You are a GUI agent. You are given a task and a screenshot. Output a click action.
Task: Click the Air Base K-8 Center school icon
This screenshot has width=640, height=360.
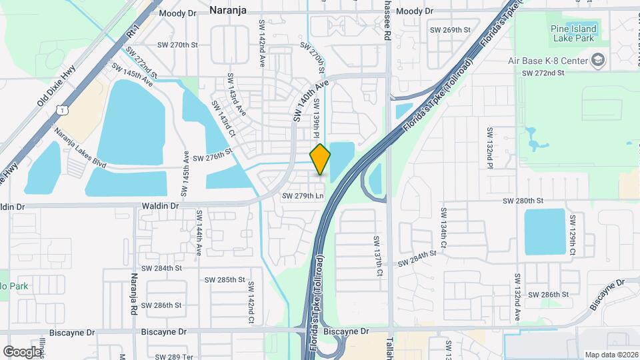598,61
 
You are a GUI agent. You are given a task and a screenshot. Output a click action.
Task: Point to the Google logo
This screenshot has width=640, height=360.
22,351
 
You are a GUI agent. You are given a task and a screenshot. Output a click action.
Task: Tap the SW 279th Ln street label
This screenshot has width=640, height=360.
302,196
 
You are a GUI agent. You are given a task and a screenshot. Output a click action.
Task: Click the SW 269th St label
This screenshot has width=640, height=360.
450,30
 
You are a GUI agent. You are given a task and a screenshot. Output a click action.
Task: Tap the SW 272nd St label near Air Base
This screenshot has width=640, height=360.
543,72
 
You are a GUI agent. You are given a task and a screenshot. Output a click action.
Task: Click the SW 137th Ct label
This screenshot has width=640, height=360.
377,257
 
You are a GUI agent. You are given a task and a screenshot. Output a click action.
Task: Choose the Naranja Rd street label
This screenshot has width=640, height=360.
134,293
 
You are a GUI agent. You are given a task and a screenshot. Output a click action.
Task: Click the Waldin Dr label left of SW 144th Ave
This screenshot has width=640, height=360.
160,207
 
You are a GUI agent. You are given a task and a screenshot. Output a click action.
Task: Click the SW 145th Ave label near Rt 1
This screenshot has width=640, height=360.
132,75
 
